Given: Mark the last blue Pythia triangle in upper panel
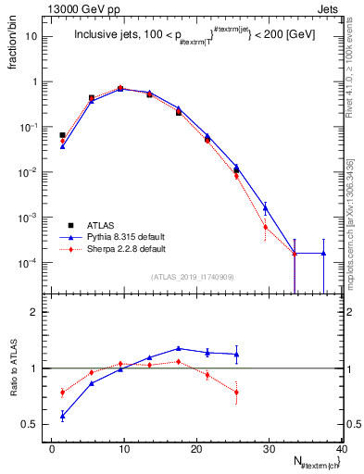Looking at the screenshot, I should click(x=323, y=253).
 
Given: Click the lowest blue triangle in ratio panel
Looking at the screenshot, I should click(x=62, y=416).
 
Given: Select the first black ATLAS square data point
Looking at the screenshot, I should click(x=62, y=135).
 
